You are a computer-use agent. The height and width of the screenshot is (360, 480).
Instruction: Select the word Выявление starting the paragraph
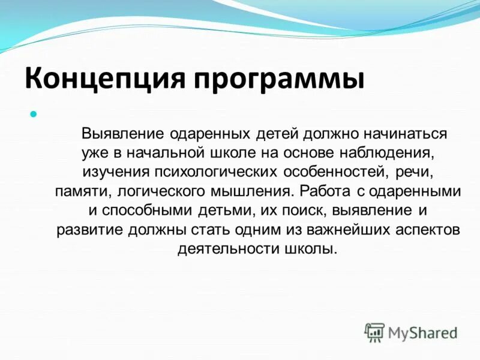coord(124,133)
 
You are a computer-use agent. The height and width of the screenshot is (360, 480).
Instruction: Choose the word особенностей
coord(337,172)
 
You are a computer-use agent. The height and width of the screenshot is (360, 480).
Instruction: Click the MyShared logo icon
coord(375,331)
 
